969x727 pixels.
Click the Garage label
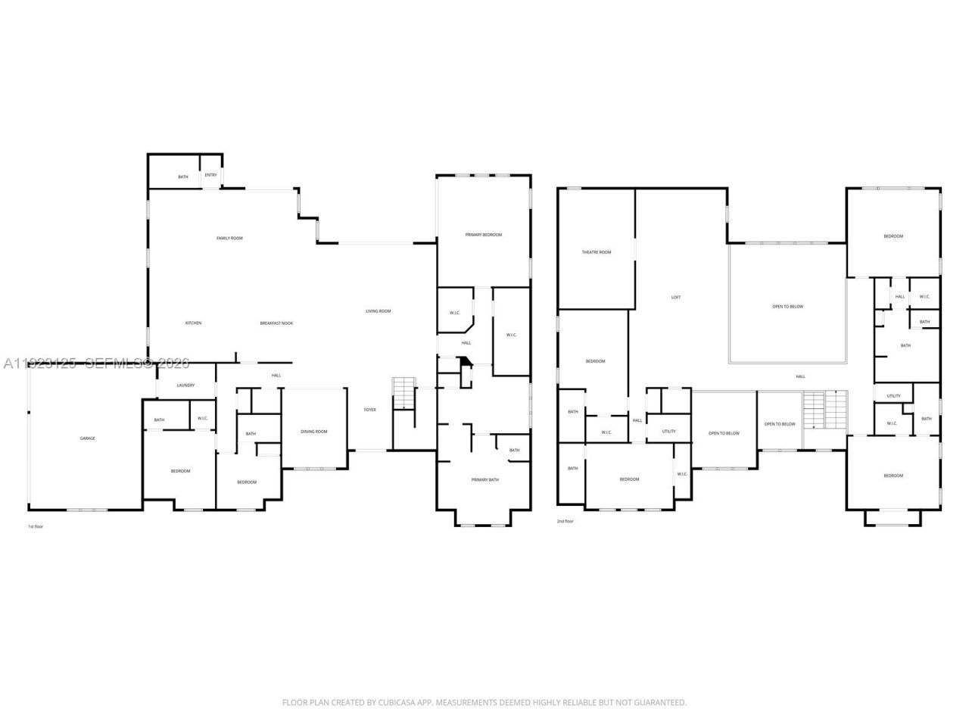tap(88, 438)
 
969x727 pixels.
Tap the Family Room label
tap(229, 239)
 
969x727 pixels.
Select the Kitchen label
tap(194, 323)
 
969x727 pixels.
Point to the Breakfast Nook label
tap(276, 323)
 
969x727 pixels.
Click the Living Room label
tap(378, 311)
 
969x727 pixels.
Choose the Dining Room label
tap(314, 432)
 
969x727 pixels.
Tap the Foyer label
tap(369, 410)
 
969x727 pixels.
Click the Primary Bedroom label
tap(483, 235)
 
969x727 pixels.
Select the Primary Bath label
tap(484, 480)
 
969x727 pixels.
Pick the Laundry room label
tap(185, 385)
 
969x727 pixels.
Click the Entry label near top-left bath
tap(210, 175)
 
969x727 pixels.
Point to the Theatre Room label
tap(596, 252)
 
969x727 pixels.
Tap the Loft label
tap(676, 298)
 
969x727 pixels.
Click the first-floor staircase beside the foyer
tap(404, 392)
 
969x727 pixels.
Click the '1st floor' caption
tap(36, 526)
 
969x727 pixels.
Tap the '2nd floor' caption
tap(565, 522)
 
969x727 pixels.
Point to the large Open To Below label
tap(787, 307)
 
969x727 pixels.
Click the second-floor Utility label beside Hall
tap(668, 432)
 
